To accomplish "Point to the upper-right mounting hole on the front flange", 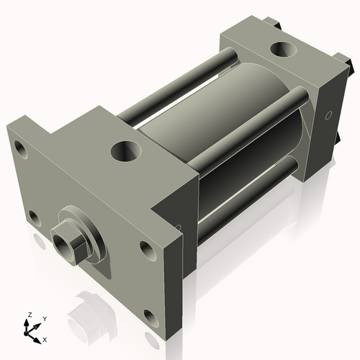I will point(147,251).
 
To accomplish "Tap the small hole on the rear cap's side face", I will point(328,115).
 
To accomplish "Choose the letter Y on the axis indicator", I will point(44,318).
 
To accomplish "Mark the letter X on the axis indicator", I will point(45,338).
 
